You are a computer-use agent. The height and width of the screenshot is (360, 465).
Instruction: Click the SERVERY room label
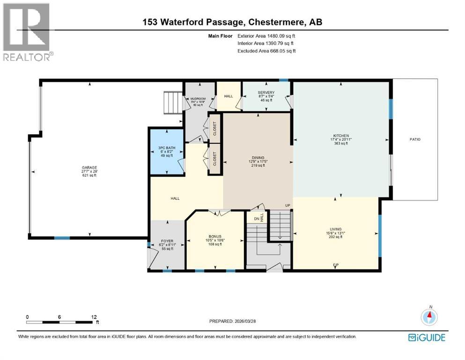coord(266,93)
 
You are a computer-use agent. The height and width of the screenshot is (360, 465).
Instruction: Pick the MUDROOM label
coord(198,99)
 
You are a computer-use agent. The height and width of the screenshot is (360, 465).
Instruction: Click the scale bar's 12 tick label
coord(94,316)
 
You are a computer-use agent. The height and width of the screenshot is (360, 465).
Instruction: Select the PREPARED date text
coord(233,322)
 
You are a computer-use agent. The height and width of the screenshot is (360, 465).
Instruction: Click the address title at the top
coord(232,22)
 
